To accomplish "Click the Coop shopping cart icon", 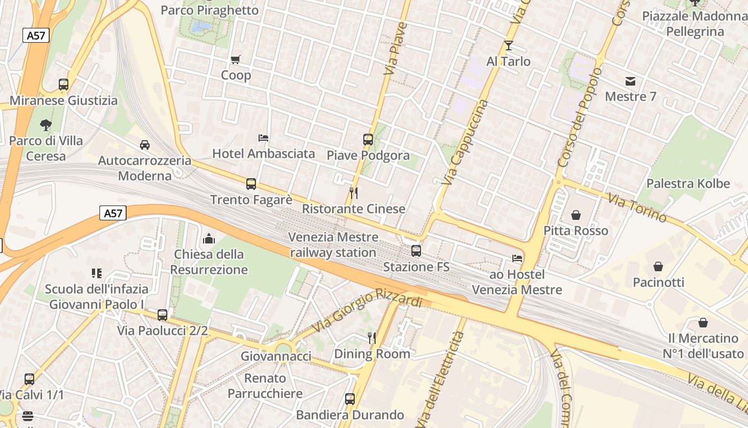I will click(235, 59).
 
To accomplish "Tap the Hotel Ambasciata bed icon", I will click(263, 137).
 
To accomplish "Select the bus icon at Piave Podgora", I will click(368, 140).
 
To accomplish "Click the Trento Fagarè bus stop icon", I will click(251, 184).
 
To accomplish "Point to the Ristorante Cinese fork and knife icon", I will click(353, 193).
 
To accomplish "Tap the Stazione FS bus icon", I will click(416, 250).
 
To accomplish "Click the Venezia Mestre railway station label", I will click(333, 244).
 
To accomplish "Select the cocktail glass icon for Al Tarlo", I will click(508, 45).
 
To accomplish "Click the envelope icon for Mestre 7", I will click(630, 81).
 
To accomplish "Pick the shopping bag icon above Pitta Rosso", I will click(576, 215).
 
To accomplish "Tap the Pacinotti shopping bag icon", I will click(658, 266).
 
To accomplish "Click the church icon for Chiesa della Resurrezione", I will click(209, 239).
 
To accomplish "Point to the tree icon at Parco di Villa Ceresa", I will click(46, 125).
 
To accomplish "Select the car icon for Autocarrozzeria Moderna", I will click(144, 145).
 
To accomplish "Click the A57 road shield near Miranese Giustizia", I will click(36, 36).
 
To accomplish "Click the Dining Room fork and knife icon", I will click(372, 338).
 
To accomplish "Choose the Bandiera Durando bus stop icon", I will click(350, 399).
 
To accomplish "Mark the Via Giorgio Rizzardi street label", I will click(368, 309).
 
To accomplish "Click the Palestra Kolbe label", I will click(688, 184).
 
